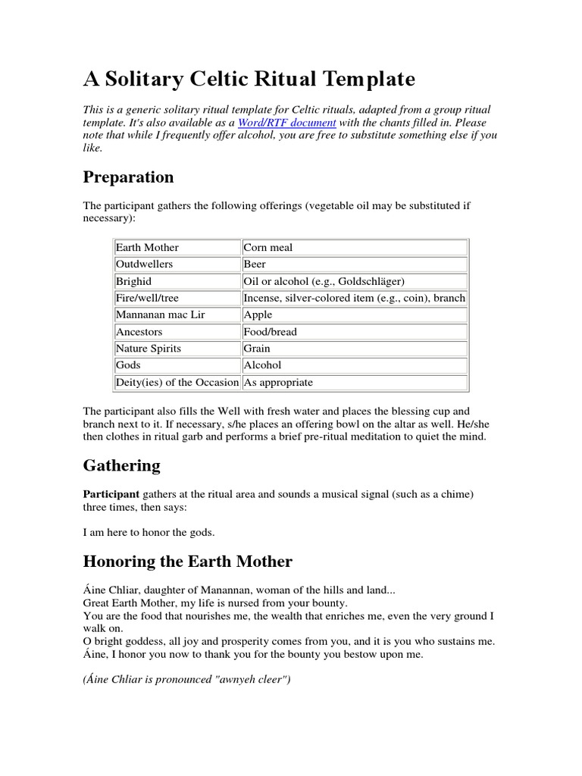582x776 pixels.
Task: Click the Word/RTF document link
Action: pyautogui.click(x=286, y=122)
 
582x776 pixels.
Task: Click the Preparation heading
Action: pyautogui.click(x=128, y=177)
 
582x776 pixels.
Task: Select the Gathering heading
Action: pyautogui.click(x=121, y=465)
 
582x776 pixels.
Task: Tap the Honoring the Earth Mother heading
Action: pyautogui.click(x=187, y=562)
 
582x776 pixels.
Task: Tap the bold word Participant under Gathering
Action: pyautogui.click(x=111, y=494)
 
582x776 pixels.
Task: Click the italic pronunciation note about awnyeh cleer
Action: pyautogui.click(x=186, y=680)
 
